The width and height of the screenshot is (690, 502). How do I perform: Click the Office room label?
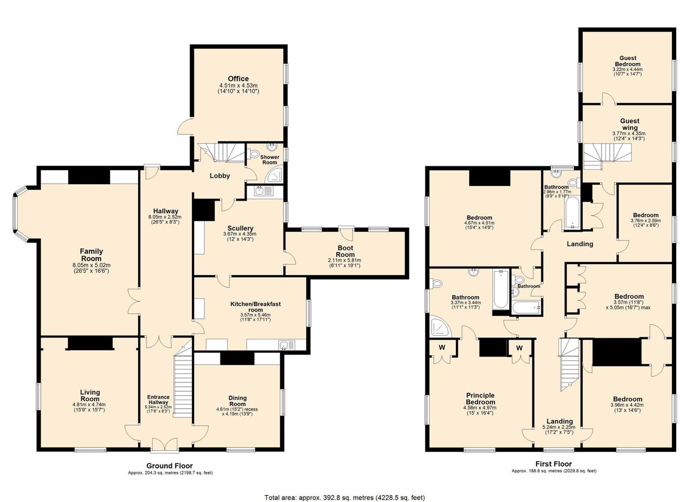[238, 79]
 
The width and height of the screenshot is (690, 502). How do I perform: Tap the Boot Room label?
[345, 251]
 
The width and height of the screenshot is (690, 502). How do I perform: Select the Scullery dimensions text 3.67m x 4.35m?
[240, 234]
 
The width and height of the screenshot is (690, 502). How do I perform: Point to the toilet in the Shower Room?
[254, 153]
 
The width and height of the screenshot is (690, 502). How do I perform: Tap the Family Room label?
[91, 255]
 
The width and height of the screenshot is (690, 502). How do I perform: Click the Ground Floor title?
[169, 466]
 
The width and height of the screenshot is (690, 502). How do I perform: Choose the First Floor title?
[553, 464]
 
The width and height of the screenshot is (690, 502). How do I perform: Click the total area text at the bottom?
[345, 489]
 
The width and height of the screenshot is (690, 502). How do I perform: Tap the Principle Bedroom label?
[480, 399]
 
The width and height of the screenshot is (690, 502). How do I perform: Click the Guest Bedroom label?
[628, 61]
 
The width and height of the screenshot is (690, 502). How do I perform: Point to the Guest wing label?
[630, 124]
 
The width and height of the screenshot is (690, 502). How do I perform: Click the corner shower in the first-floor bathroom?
[441, 327]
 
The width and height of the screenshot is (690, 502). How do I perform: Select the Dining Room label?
[237, 401]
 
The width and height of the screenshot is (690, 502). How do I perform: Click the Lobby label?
[220, 176]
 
